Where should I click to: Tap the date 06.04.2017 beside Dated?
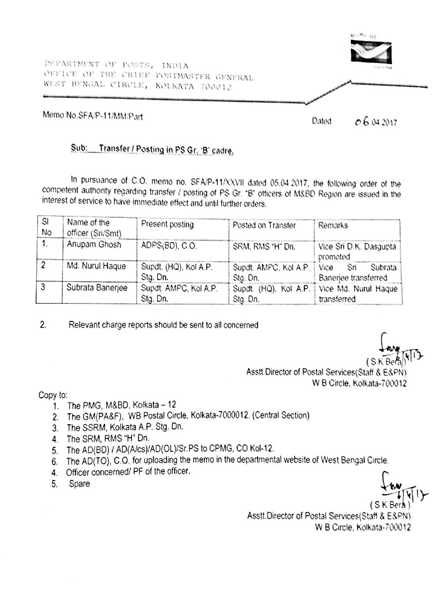tap(376, 122)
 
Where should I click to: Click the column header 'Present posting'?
tap(167, 225)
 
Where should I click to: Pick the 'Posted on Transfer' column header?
tap(264, 225)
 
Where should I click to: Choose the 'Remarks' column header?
tap(333, 225)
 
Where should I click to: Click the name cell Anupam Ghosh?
tap(94, 244)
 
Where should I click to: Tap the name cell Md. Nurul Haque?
tap(96, 266)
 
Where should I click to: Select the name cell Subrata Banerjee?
tap(97, 288)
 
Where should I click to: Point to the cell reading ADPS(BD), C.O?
tap(169, 246)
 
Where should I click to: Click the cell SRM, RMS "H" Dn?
tap(264, 247)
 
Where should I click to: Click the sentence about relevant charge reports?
tap(163, 325)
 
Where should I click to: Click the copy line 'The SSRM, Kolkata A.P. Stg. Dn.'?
tap(125, 427)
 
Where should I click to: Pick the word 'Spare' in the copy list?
tap(79, 483)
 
